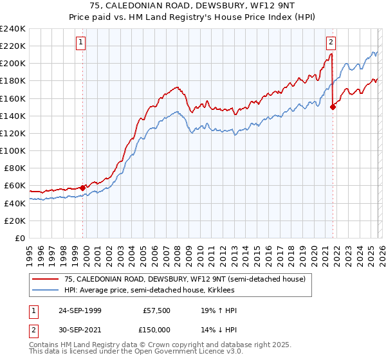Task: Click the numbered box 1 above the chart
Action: [x=81, y=42]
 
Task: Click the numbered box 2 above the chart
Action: [x=331, y=42]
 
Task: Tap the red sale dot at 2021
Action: [x=333, y=107]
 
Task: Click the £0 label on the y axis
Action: [x=19, y=238]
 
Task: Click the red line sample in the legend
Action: [x=46, y=279]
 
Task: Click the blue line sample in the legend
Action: [x=46, y=290]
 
